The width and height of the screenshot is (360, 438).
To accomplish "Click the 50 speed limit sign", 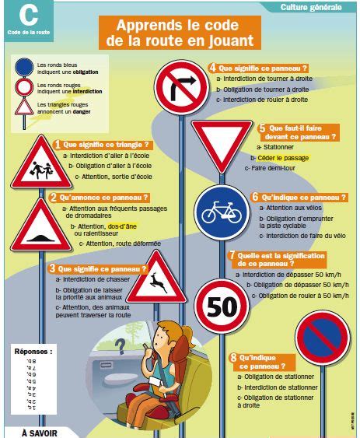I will pyautogui.click(x=220, y=305).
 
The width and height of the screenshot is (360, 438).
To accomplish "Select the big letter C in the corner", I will pyautogui.click(x=29, y=15).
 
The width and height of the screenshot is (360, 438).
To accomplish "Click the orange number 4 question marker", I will pyautogui.click(x=213, y=68).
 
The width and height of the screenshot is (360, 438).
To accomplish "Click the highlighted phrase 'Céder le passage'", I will pyautogui.click(x=284, y=158).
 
